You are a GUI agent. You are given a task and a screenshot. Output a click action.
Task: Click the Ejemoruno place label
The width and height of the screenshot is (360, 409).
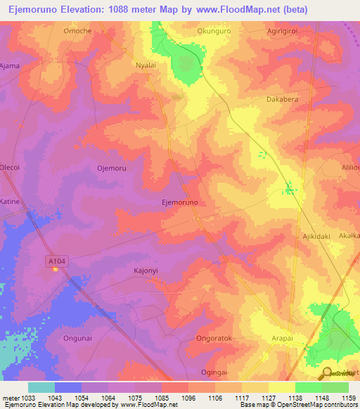point(180,202)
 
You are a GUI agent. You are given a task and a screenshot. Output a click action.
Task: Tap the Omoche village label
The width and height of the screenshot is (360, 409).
point(77,31)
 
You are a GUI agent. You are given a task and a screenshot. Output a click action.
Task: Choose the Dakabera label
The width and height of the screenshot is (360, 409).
point(283,100)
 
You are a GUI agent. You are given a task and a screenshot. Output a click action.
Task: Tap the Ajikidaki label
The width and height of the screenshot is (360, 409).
point(316,236)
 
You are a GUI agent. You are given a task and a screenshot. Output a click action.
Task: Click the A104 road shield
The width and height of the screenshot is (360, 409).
point(56,261)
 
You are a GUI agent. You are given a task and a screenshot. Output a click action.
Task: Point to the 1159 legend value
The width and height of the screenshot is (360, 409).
point(348,398)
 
